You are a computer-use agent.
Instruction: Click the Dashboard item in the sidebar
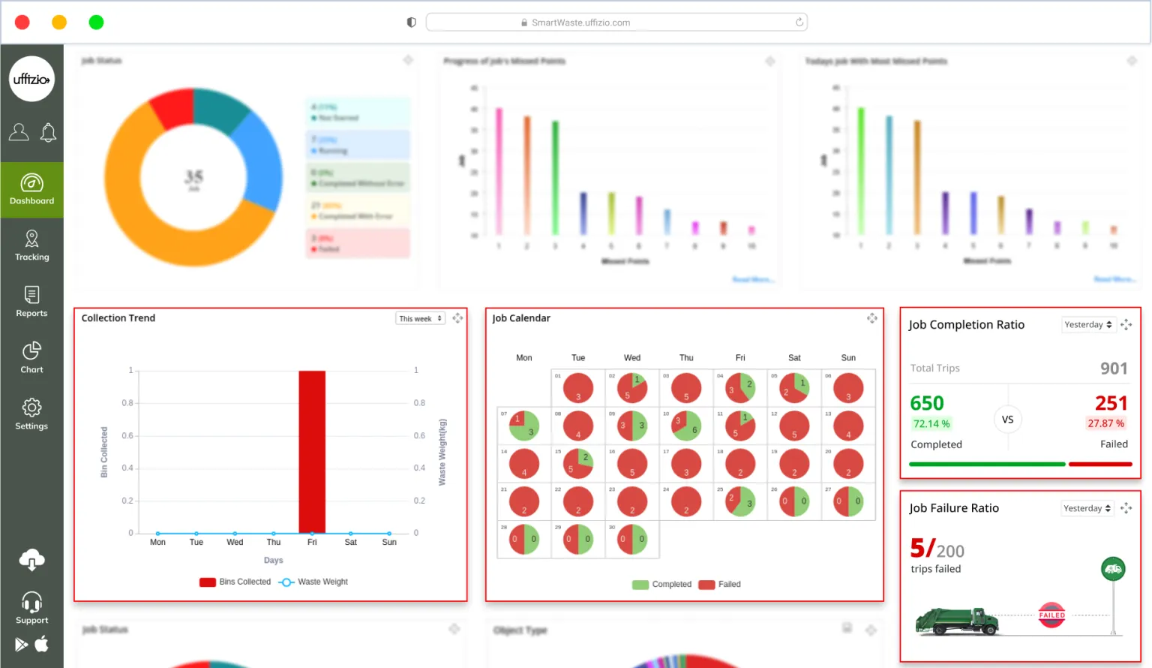pos(31,190)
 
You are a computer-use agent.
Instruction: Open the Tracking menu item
pos(31,246)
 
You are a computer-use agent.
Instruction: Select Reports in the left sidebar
pos(31,302)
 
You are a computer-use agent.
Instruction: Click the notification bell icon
pos(48,133)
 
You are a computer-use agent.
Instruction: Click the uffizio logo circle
pos(31,79)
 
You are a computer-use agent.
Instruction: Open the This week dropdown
pos(420,318)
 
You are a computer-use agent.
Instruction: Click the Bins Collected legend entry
pos(235,582)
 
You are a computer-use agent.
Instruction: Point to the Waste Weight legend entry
pos(313,582)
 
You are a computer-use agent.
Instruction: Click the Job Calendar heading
pos(521,318)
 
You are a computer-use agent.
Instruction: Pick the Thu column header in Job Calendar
pos(686,358)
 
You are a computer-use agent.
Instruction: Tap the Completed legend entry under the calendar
pos(662,584)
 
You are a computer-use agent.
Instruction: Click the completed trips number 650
pos(927,403)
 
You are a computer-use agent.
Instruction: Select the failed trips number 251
pos(1111,403)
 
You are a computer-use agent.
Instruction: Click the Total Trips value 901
pos(1114,369)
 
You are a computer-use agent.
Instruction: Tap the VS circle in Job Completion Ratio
pos(1007,420)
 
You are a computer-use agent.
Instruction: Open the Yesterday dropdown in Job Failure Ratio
pos(1087,508)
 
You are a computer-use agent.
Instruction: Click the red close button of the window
pos(22,23)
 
